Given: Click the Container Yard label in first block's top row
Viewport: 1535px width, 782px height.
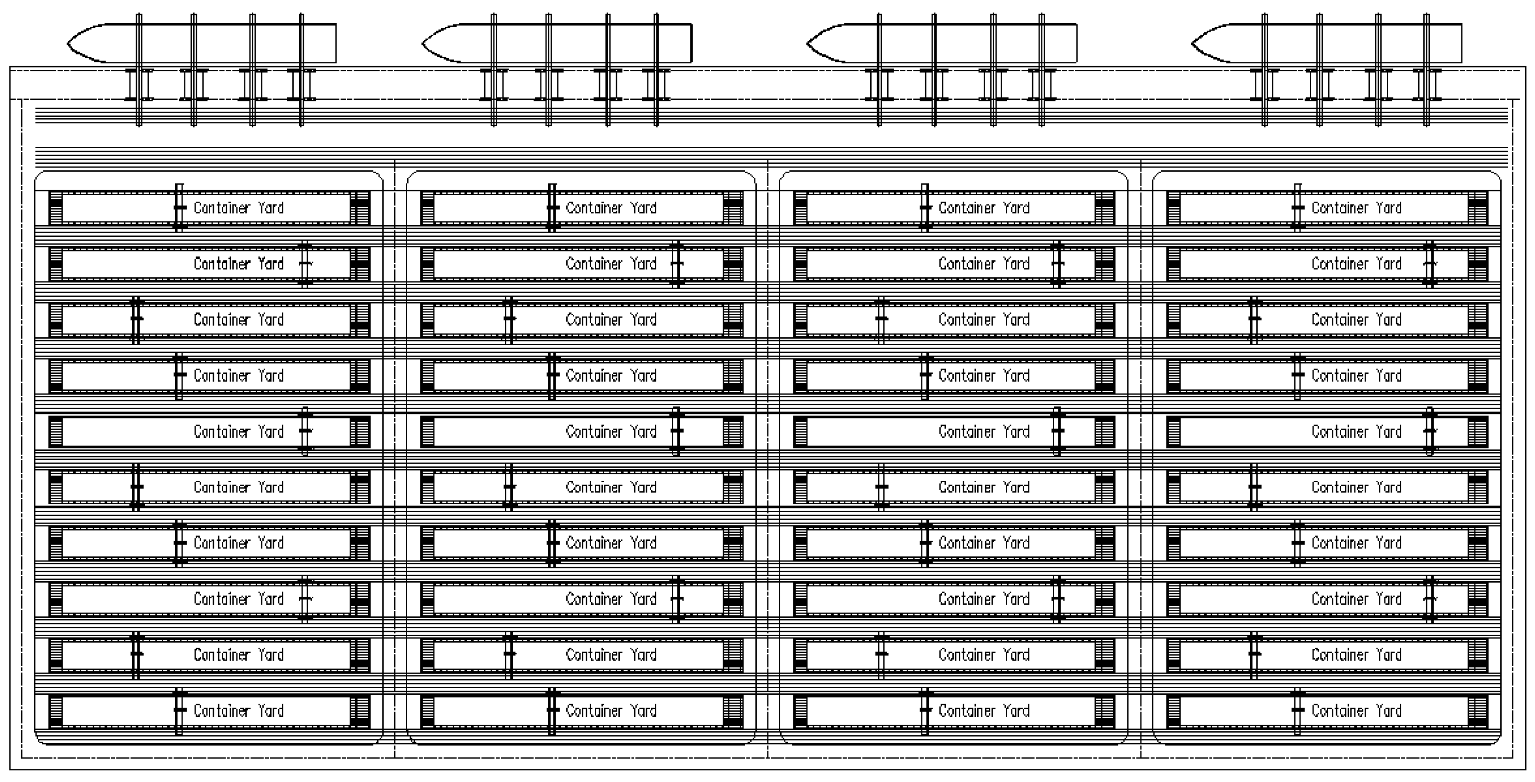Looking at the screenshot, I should [238, 208].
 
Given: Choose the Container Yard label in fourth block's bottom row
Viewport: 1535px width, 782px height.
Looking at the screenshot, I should [1356, 711].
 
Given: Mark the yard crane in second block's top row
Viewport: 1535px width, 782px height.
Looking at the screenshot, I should [552, 207].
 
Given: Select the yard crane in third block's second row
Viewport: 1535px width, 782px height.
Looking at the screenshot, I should [1057, 264].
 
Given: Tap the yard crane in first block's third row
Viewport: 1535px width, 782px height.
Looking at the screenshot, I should [137, 319].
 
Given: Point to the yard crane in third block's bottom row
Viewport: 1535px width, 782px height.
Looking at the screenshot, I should [925, 711].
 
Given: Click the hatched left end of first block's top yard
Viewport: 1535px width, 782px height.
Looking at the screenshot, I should [55, 208].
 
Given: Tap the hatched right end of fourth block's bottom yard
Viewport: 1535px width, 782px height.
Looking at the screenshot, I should [1478, 711].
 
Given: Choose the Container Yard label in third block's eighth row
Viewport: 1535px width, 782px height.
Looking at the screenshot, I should [984, 599].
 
